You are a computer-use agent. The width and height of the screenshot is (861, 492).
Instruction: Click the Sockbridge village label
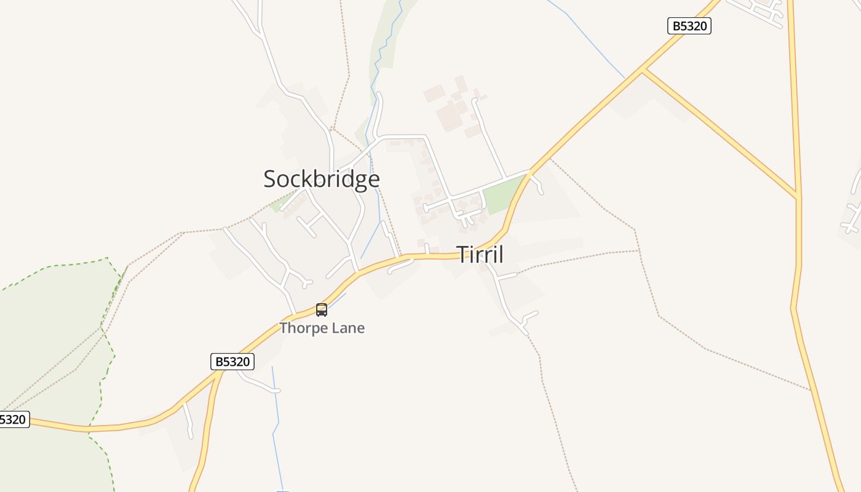click(x=322, y=179)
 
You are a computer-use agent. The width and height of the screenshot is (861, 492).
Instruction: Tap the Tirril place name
click(x=480, y=254)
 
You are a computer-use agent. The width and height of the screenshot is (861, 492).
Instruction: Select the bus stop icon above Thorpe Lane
click(x=322, y=310)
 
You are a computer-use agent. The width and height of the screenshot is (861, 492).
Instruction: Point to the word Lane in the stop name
click(x=348, y=328)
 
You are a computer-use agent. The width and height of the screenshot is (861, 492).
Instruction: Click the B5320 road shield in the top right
click(x=689, y=26)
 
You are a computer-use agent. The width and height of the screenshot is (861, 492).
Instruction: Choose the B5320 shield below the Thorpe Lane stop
click(x=232, y=362)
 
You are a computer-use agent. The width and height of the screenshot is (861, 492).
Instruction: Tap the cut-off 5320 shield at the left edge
click(x=14, y=419)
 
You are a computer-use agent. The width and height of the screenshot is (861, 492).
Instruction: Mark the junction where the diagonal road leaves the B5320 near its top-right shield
click(x=642, y=70)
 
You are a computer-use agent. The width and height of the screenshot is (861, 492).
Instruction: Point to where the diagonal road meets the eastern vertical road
click(x=798, y=197)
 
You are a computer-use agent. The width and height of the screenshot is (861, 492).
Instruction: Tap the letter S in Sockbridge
click(x=269, y=179)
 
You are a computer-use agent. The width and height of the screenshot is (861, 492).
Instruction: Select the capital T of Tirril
click(x=462, y=254)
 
